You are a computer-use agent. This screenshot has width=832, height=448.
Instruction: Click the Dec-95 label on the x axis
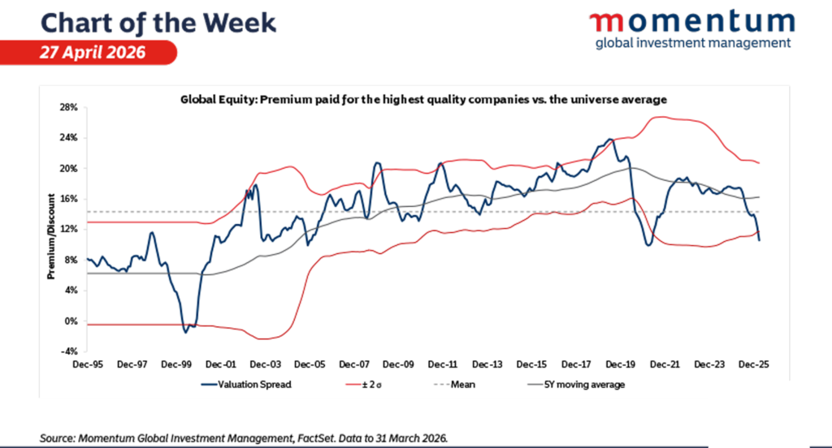point(88,365)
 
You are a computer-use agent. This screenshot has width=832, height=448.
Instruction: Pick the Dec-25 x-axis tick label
point(752,365)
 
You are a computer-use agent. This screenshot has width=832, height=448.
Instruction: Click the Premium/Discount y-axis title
point(50,235)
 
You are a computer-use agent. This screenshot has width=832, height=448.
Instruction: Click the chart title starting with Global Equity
point(423,99)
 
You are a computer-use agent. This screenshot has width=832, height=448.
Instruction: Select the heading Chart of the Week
point(158,21)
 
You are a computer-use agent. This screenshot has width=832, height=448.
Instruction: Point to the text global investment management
point(692,43)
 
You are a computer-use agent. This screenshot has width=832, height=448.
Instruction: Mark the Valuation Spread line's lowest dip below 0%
point(186,331)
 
